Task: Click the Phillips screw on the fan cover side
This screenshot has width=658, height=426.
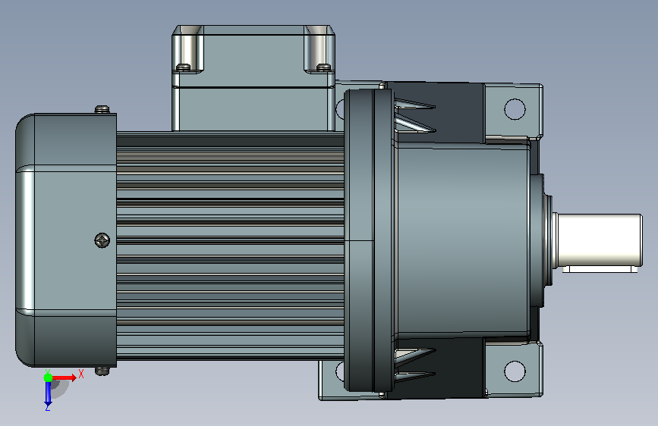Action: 102,240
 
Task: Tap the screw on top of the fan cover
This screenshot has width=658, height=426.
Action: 102,109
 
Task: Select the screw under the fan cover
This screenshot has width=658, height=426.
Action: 102,371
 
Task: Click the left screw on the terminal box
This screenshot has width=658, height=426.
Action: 183,67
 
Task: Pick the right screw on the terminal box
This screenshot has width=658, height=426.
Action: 323,67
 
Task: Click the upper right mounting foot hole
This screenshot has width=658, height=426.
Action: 515,109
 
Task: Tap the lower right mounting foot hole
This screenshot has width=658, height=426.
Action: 515,371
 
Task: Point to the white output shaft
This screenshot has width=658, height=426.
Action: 600,240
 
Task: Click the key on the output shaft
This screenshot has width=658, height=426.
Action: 600,269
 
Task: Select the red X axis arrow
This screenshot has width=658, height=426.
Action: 64,377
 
